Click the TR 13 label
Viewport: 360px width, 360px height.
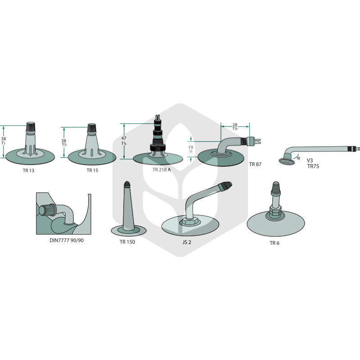coord(28,171)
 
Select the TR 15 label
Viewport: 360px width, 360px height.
coord(92,170)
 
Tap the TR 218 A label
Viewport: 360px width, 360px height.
coord(162,170)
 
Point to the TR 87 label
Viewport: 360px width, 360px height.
coord(255,164)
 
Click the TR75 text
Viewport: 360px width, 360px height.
coord(313,166)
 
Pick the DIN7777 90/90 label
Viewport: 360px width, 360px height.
coord(67,240)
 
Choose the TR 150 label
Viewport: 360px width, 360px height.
coord(127,242)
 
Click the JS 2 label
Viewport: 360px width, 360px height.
coord(187,242)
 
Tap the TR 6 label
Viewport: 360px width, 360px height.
coord(274,243)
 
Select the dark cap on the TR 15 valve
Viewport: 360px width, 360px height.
coord(92,128)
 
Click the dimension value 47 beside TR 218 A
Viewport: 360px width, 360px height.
coord(124,138)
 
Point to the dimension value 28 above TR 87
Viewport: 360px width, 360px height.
coord(235,125)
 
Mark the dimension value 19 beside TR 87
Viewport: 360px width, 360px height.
coord(191,147)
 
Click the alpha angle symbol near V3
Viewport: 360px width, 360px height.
coord(298,158)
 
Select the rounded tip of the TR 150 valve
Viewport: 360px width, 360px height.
coord(127,184)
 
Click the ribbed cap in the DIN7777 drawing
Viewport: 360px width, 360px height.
coord(47,210)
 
